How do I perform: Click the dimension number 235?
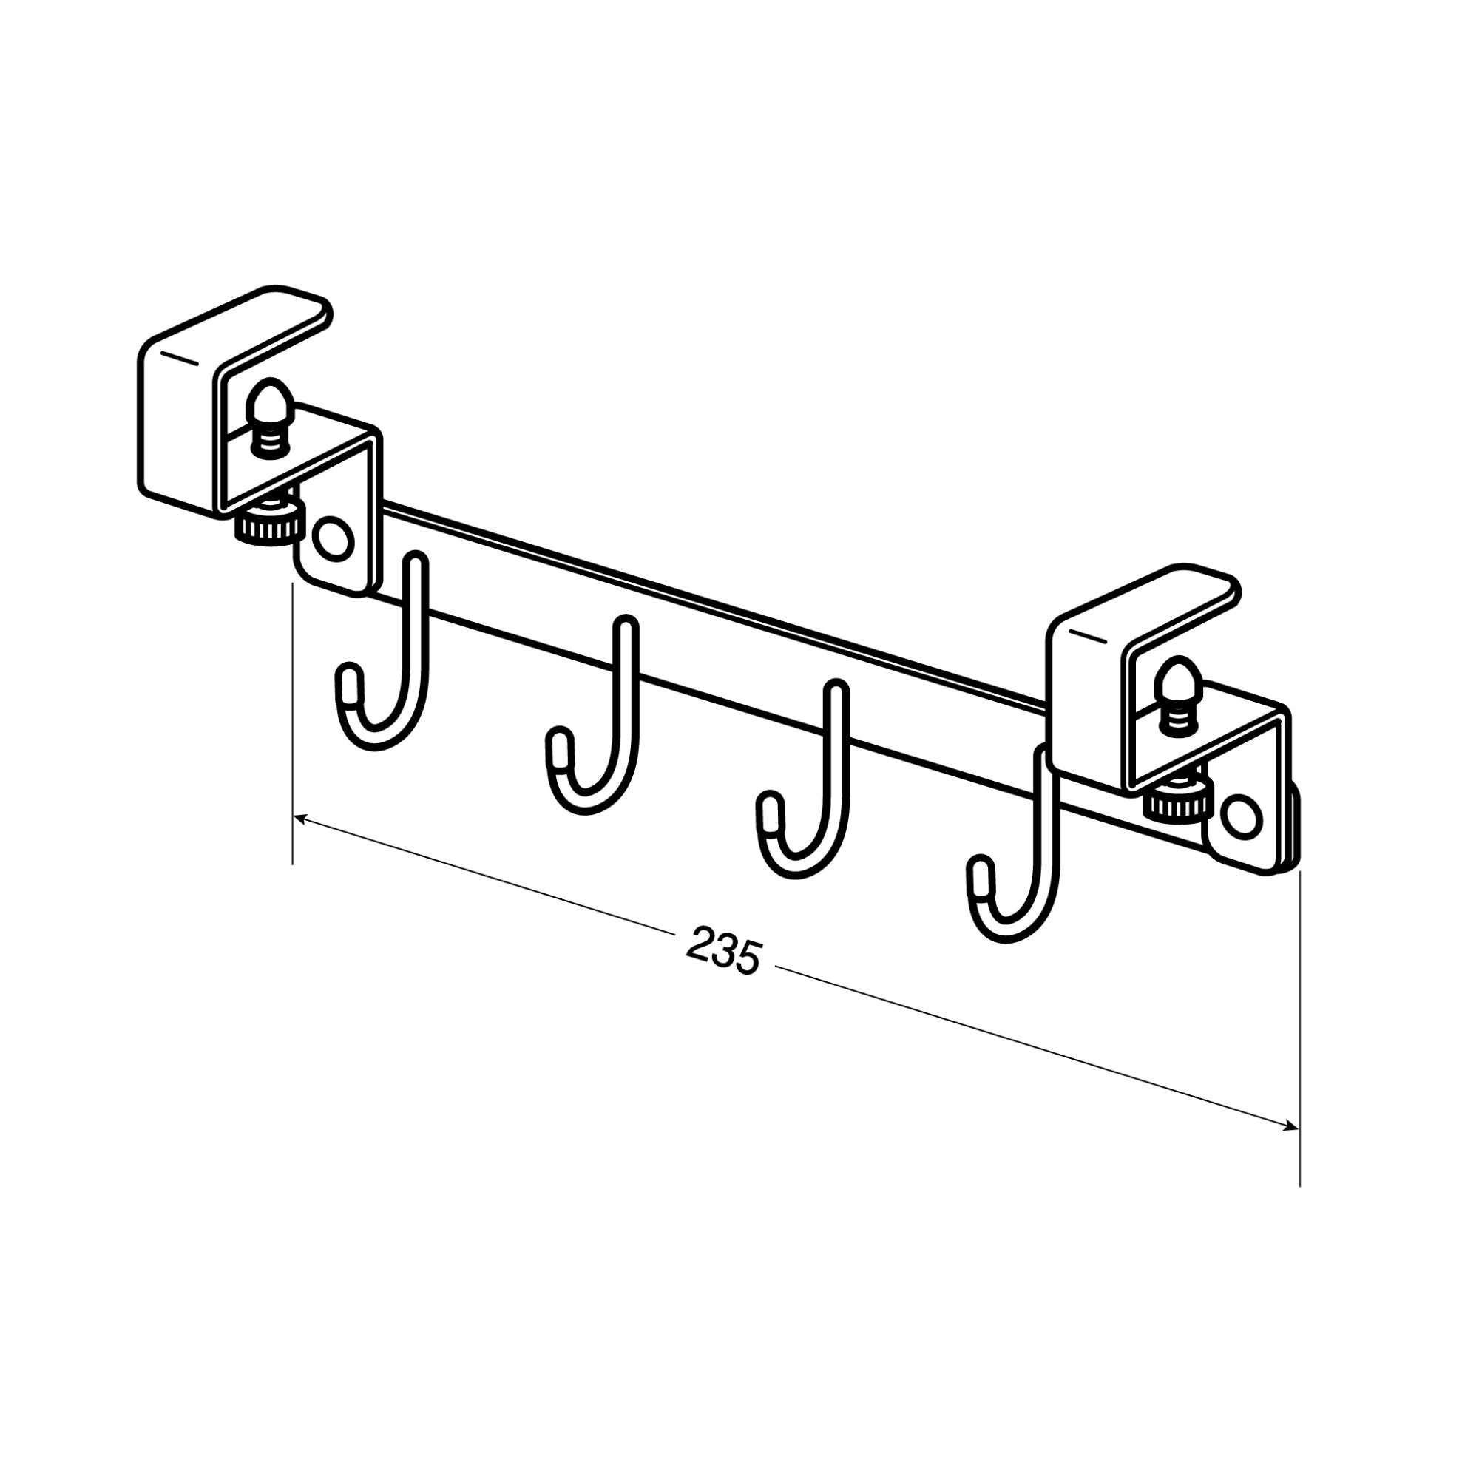tap(724, 950)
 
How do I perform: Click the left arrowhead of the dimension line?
tap(300, 820)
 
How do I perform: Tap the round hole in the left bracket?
tap(334, 541)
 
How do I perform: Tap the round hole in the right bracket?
tap(1240, 818)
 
